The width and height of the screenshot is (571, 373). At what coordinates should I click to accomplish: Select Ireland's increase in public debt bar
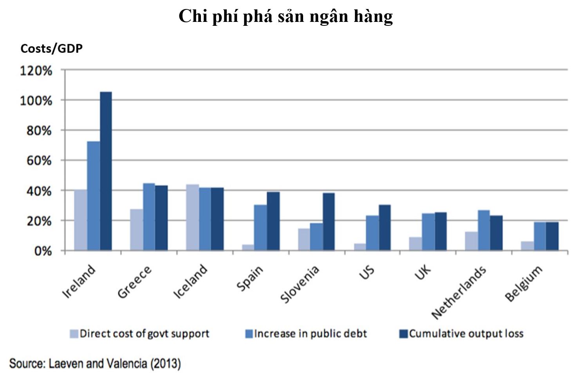(93, 195)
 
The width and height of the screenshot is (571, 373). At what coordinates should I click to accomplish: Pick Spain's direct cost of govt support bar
(248, 247)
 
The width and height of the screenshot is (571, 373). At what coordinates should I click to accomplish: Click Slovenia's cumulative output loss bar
(329, 221)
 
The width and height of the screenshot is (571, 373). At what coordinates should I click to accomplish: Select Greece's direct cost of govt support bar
(136, 230)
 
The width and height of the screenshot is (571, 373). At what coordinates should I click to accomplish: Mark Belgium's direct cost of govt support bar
(527, 246)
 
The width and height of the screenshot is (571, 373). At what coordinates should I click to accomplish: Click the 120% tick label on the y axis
(36, 71)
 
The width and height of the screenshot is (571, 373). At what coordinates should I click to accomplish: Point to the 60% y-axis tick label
(39, 161)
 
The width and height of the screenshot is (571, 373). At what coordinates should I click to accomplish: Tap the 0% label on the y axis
(43, 251)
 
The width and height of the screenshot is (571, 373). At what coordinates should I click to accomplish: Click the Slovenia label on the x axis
(300, 284)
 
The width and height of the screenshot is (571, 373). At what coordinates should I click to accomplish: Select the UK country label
(423, 272)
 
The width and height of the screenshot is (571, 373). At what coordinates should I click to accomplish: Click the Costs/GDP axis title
(51, 48)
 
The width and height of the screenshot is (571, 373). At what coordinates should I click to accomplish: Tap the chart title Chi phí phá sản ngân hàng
(285, 16)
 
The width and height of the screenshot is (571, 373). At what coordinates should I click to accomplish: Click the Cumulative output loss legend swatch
(403, 334)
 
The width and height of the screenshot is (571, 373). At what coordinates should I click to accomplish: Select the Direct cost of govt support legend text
(145, 334)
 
